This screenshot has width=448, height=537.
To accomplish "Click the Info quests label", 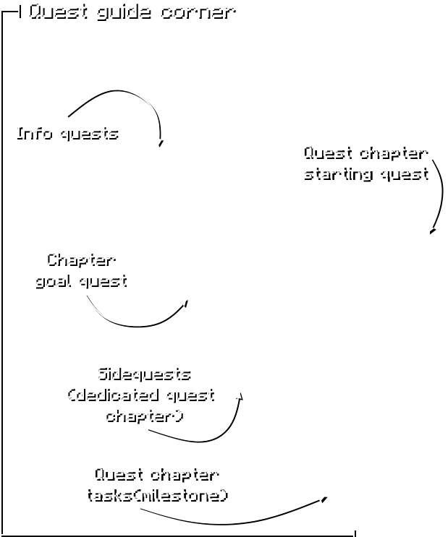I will (x=66, y=133).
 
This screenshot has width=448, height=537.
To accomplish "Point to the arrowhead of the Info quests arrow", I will (x=159, y=142).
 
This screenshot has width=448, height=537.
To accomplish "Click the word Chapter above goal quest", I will (x=80, y=259).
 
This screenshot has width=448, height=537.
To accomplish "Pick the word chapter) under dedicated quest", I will (x=143, y=416).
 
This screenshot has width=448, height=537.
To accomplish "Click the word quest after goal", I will (x=101, y=280).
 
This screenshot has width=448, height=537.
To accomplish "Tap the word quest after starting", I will (x=402, y=173).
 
